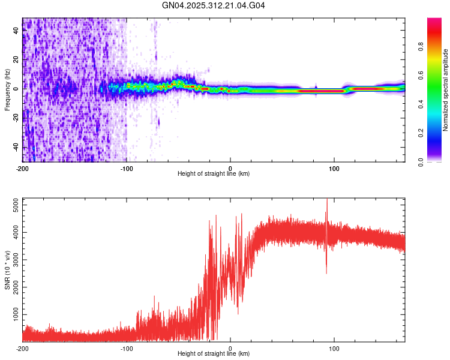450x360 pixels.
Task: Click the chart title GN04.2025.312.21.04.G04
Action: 214,6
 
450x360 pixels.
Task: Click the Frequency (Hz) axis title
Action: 7,90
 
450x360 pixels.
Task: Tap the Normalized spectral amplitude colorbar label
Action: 445,90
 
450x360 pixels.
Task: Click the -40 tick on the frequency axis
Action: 15,147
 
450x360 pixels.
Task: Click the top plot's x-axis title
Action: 214,174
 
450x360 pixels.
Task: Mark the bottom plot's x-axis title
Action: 214,355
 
